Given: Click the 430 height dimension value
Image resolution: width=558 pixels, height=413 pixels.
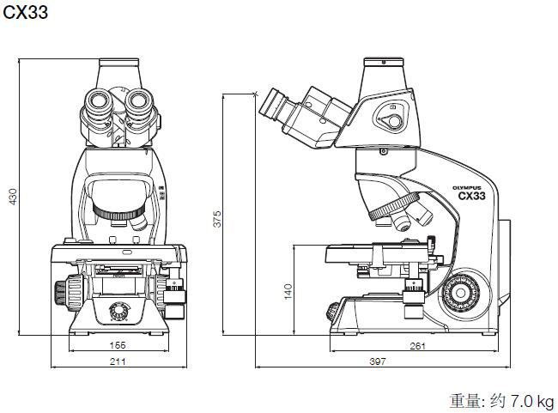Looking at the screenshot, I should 12,197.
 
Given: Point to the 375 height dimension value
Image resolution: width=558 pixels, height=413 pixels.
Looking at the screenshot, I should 217,219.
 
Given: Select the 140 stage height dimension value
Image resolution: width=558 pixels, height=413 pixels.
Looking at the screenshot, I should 288,291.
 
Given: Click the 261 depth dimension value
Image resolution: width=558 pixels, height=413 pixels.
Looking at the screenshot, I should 417,345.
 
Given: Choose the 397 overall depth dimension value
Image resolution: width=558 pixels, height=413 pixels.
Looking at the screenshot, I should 377,361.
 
